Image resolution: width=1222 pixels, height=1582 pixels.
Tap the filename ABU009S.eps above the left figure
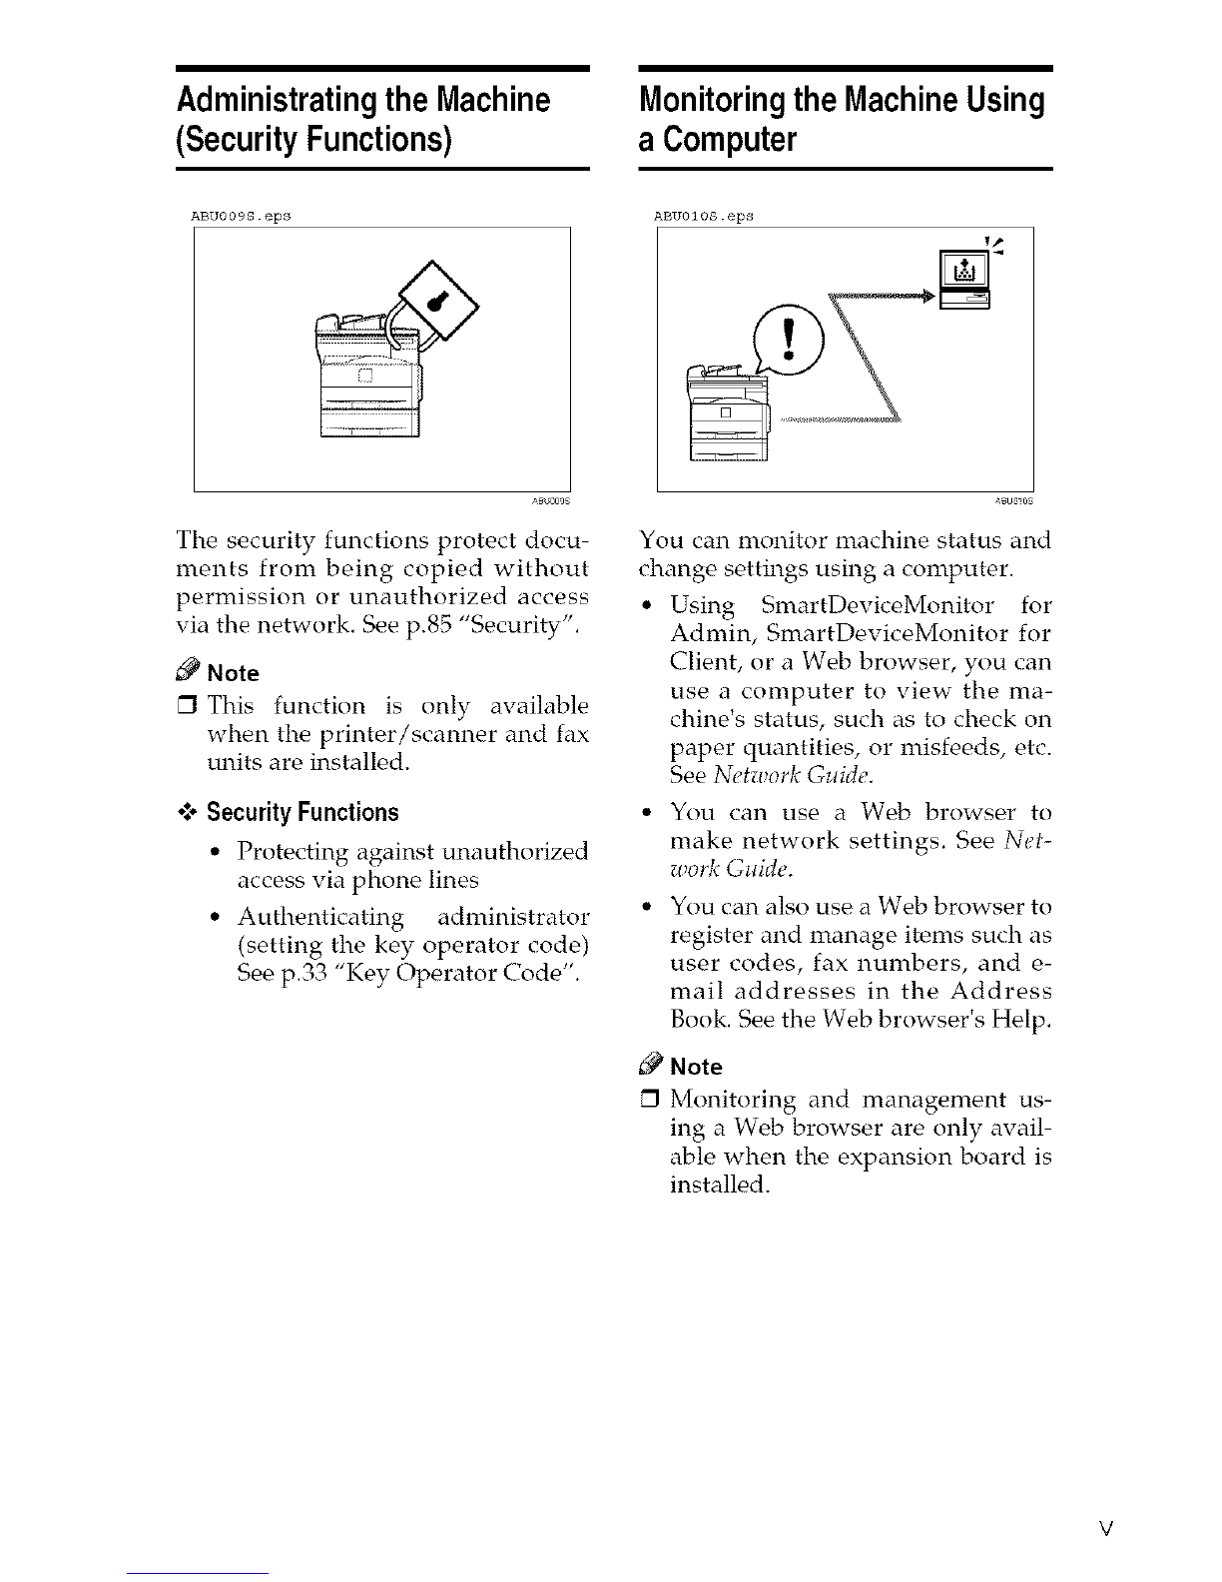click(x=241, y=216)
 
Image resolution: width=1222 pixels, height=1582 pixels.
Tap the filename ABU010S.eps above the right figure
click(x=703, y=216)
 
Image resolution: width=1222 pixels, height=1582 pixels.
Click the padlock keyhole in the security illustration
click(x=436, y=301)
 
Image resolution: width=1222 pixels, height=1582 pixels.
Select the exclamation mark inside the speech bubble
click(x=788, y=340)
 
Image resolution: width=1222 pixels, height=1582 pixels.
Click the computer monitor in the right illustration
click(x=964, y=270)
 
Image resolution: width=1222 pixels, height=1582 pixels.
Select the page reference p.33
click(x=305, y=973)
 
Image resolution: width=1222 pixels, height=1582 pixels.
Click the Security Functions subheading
click(x=303, y=812)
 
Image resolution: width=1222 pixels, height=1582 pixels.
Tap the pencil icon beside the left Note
click(x=189, y=669)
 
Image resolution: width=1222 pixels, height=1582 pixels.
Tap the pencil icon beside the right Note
click(x=652, y=1063)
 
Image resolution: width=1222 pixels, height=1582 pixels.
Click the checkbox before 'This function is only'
click(x=188, y=706)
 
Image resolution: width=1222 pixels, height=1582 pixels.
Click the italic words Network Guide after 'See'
click(x=792, y=775)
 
